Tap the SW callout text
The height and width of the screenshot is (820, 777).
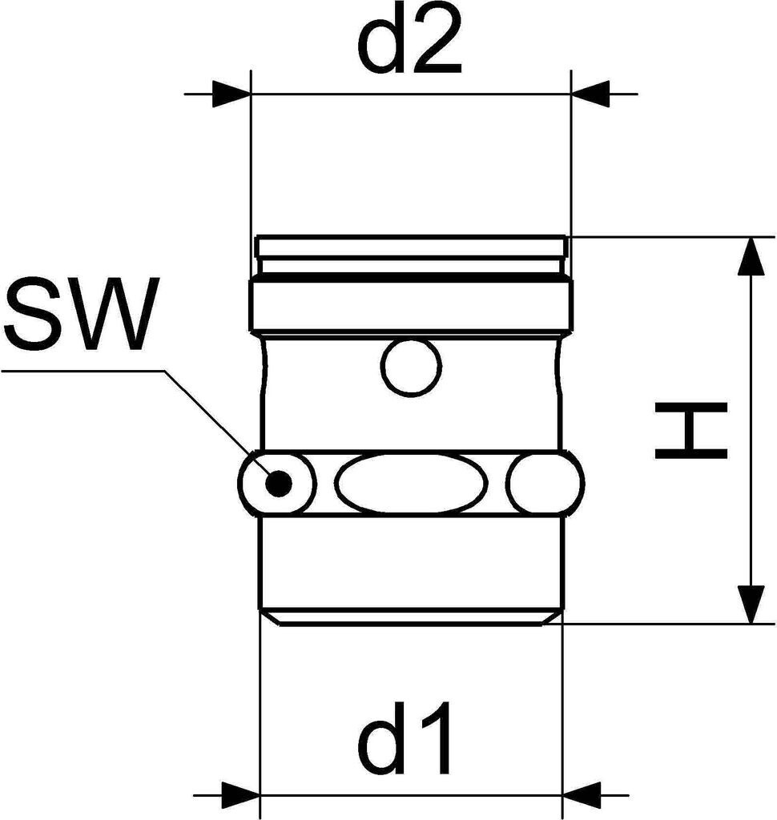[x=78, y=316]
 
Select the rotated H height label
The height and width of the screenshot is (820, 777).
[x=690, y=431]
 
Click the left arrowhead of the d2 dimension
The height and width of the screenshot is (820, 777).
[x=231, y=94]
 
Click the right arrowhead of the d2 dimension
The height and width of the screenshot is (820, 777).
[x=591, y=94]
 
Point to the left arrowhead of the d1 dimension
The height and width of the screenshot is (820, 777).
[x=240, y=795]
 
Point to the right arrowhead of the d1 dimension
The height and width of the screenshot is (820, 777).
[x=582, y=795]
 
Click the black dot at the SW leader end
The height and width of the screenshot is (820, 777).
[x=278, y=483]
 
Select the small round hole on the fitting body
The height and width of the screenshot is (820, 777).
[x=412, y=368]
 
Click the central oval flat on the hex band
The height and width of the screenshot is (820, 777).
[x=411, y=484]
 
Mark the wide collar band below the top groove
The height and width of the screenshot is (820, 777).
[x=412, y=305]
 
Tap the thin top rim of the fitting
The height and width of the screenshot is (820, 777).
[x=412, y=240]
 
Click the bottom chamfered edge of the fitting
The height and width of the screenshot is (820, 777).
[x=412, y=619]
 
